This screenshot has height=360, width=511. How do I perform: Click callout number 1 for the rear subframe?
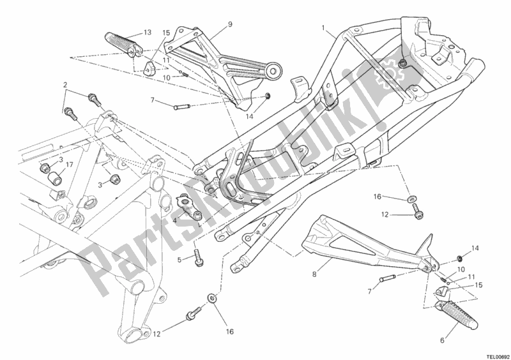[323, 28]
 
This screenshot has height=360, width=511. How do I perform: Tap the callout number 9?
[230, 24]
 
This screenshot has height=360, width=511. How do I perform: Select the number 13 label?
[148, 33]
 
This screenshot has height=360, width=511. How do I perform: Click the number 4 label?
[174, 220]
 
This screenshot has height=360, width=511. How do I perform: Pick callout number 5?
[179, 259]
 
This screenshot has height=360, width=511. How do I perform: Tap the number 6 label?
[442, 341]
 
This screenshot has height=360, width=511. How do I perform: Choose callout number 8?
[314, 274]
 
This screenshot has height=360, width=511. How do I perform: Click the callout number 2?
[65, 85]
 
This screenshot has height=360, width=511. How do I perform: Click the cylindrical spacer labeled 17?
[54, 179]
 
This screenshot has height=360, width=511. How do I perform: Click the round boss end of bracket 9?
[273, 70]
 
